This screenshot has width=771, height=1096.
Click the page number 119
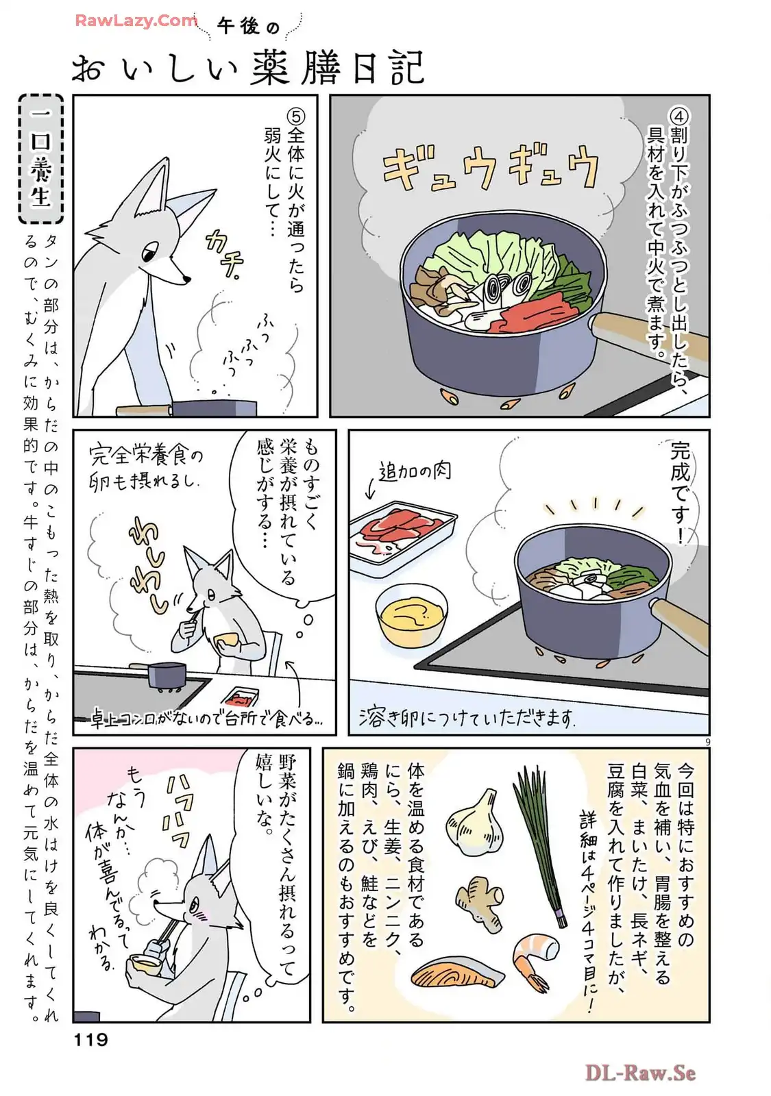91,1039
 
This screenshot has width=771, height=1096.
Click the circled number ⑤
296,116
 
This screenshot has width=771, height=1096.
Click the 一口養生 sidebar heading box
41,159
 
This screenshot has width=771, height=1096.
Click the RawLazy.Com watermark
136,21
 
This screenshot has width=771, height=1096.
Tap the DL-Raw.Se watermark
641,1073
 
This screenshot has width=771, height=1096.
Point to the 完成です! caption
680,493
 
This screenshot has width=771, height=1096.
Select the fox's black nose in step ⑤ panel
186,279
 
